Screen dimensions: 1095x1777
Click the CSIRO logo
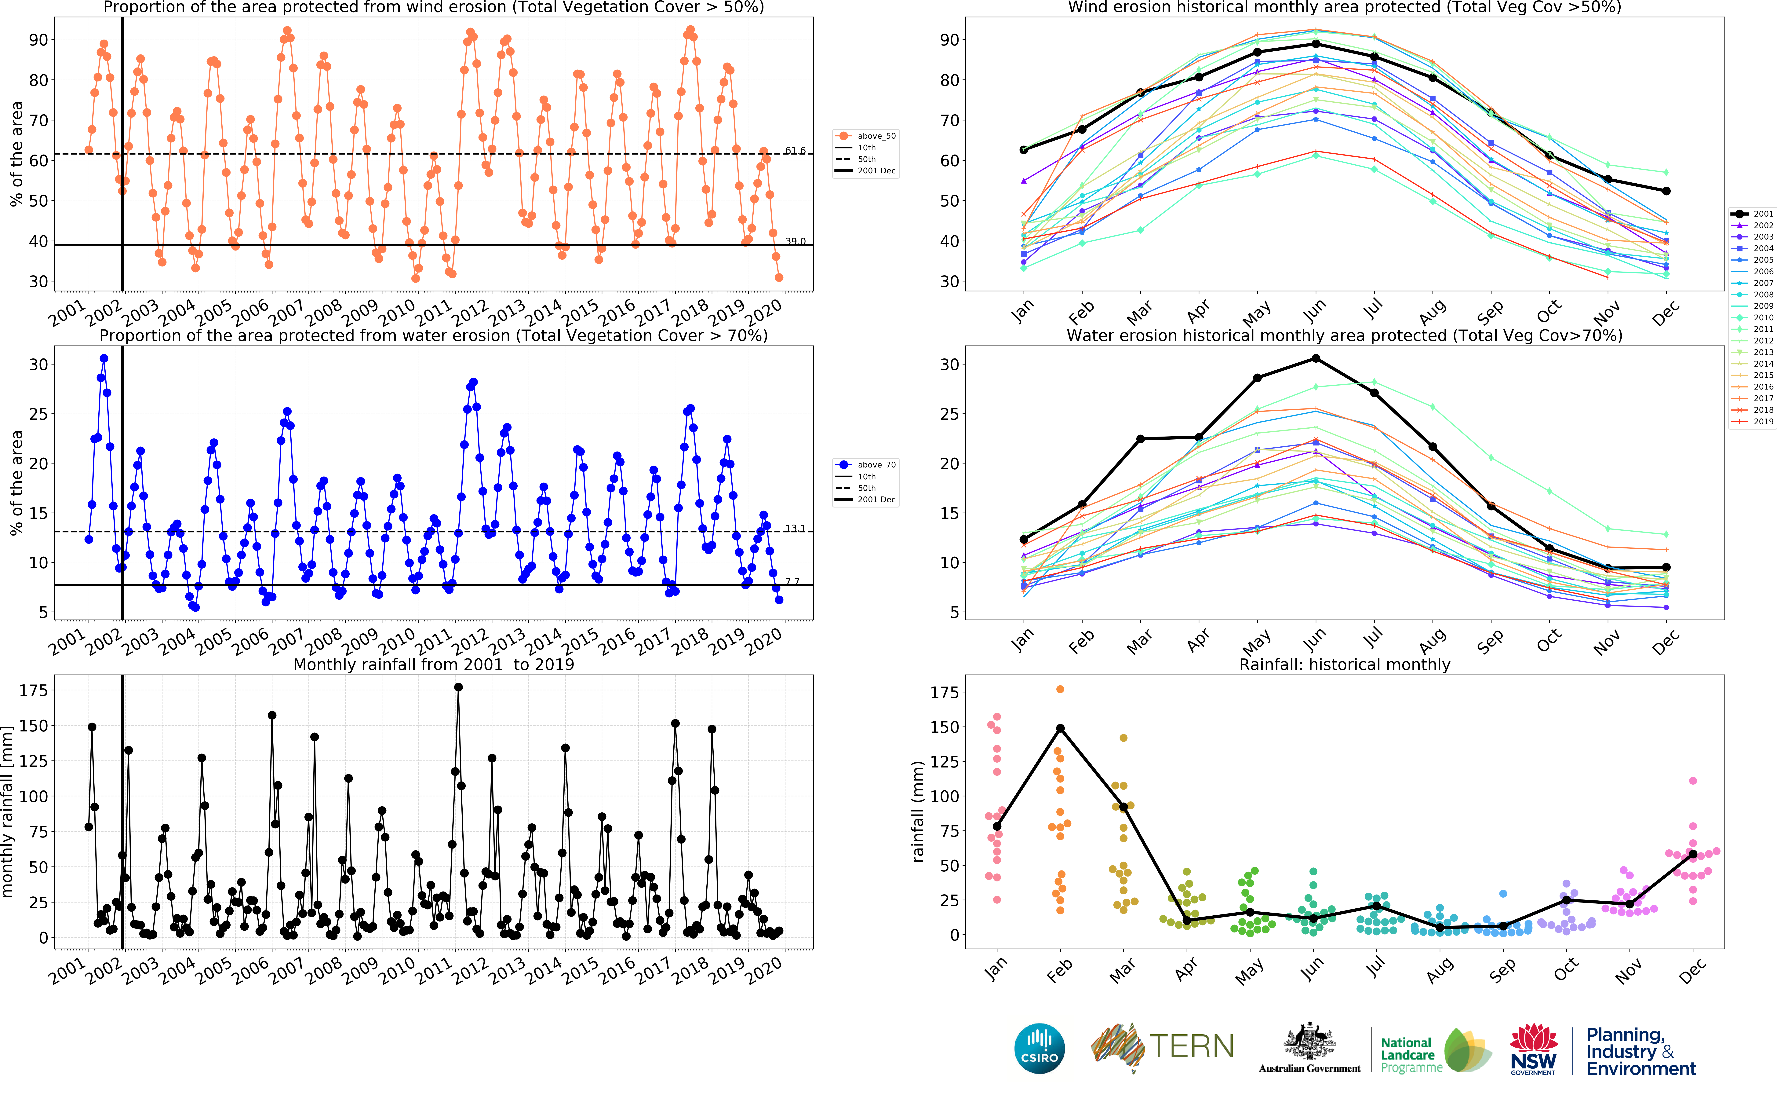pos(1040,1048)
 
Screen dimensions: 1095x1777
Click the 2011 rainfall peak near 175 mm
pos(458,687)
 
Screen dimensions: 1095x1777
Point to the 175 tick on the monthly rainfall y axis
pos(33,690)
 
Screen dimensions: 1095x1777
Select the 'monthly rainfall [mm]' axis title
pos(8,812)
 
